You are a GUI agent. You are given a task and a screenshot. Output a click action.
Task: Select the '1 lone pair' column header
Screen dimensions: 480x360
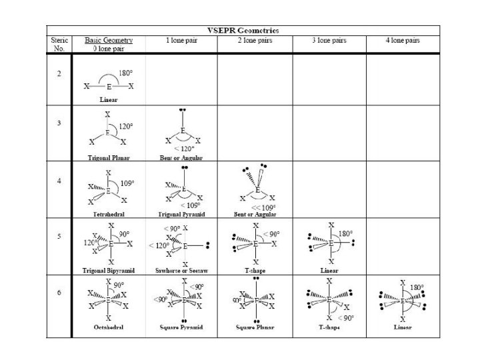[x=182, y=41]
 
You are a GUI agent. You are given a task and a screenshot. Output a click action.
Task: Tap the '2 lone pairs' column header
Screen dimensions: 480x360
[x=255, y=41]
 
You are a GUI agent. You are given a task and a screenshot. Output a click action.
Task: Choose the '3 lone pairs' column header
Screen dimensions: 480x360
[x=329, y=41]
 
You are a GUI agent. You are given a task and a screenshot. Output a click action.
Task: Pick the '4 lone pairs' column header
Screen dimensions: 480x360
[x=403, y=41]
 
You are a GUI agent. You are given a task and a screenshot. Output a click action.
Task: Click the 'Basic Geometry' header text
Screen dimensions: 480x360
[x=109, y=40]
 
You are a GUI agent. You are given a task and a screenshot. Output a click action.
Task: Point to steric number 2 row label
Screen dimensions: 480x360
[x=59, y=73]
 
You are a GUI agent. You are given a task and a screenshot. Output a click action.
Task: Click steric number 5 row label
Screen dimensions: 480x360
[x=59, y=237]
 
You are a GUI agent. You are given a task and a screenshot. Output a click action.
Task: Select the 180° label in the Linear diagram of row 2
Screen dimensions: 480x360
[x=125, y=73]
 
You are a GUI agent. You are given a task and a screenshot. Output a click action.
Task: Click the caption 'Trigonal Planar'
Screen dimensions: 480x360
[x=109, y=158]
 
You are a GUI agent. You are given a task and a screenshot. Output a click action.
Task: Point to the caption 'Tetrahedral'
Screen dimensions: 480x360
[x=109, y=214]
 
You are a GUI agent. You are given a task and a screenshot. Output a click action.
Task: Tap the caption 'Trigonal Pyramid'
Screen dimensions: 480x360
[x=182, y=214]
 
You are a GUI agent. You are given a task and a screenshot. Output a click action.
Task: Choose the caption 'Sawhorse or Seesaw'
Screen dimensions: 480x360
[x=182, y=271]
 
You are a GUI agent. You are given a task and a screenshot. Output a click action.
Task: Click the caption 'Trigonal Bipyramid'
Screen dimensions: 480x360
[x=109, y=271]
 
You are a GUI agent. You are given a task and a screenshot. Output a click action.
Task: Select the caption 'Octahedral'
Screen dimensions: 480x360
[x=109, y=328]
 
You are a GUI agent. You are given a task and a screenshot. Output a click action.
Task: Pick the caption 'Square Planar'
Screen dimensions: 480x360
[x=255, y=328]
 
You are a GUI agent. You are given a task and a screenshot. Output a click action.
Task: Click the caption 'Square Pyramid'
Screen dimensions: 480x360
[x=182, y=328]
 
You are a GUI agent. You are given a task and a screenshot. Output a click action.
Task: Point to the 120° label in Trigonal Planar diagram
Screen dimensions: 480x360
[x=125, y=125]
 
